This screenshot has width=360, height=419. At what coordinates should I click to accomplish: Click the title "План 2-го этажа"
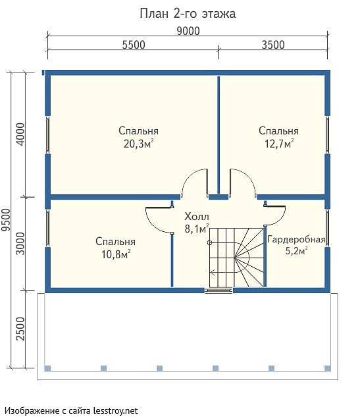(x=188, y=14)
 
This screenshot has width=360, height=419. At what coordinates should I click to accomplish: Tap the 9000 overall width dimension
(x=188, y=31)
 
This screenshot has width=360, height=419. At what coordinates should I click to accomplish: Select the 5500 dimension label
(x=134, y=45)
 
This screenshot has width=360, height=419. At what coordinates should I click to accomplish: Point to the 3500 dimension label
(x=273, y=45)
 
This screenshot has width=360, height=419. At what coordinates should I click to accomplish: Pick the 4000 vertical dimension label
(x=20, y=134)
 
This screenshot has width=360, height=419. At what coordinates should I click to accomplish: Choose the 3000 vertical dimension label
(x=20, y=244)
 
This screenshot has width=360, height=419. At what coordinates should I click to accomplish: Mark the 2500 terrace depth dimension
(x=20, y=329)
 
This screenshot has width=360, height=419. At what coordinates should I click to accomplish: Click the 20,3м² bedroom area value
(x=138, y=144)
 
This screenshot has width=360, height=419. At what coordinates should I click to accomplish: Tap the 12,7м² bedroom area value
(x=279, y=144)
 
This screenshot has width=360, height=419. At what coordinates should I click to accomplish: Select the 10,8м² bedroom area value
(x=116, y=254)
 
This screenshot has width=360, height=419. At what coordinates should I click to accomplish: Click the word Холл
(x=197, y=217)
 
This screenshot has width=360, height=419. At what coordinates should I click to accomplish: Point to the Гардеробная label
(x=296, y=239)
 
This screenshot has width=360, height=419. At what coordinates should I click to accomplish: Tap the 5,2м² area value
(x=296, y=251)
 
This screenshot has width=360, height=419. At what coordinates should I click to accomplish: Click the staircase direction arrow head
(x=213, y=273)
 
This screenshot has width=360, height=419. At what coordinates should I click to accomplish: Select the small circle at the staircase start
(x=210, y=243)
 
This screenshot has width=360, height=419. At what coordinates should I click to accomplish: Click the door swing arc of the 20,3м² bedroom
(x=189, y=177)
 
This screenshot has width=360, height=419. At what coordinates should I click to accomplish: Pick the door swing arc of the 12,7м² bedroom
(x=249, y=177)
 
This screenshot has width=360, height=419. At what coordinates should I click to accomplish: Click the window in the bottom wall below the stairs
(x=219, y=291)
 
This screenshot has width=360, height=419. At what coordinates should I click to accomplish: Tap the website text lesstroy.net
(x=115, y=410)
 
